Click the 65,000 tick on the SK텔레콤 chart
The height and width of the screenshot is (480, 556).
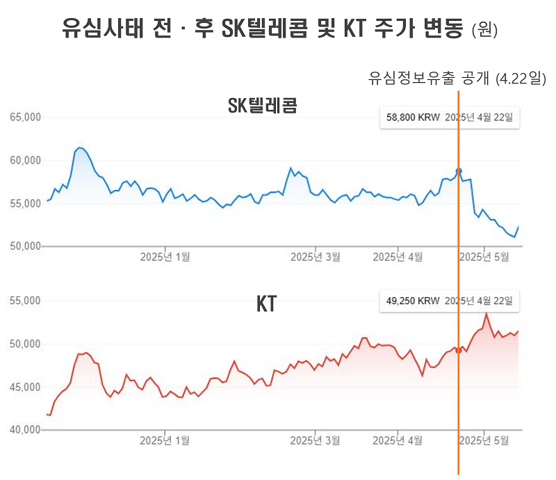(26, 118)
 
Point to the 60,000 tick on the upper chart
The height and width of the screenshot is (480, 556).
(26, 161)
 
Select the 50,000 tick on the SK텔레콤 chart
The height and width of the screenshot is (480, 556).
(26, 246)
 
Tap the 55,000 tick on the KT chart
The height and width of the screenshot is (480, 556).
(26, 301)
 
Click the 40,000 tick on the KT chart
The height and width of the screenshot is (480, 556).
(26, 430)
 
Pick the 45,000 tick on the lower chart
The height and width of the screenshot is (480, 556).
(26, 387)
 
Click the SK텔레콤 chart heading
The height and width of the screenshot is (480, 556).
(263, 106)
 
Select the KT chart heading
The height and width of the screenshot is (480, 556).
(266, 304)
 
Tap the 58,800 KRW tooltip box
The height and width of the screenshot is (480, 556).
(450, 118)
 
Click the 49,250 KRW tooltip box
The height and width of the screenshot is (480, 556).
(450, 301)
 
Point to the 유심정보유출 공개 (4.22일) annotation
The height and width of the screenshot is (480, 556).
(457, 79)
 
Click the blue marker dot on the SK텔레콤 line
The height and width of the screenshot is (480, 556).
(458, 171)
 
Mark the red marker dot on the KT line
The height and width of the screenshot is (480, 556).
(458, 351)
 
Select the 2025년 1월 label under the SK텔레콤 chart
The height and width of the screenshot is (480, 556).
(165, 257)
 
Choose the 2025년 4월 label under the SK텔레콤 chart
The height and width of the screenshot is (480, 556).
(398, 257)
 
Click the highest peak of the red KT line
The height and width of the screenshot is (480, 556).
(486, 314)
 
